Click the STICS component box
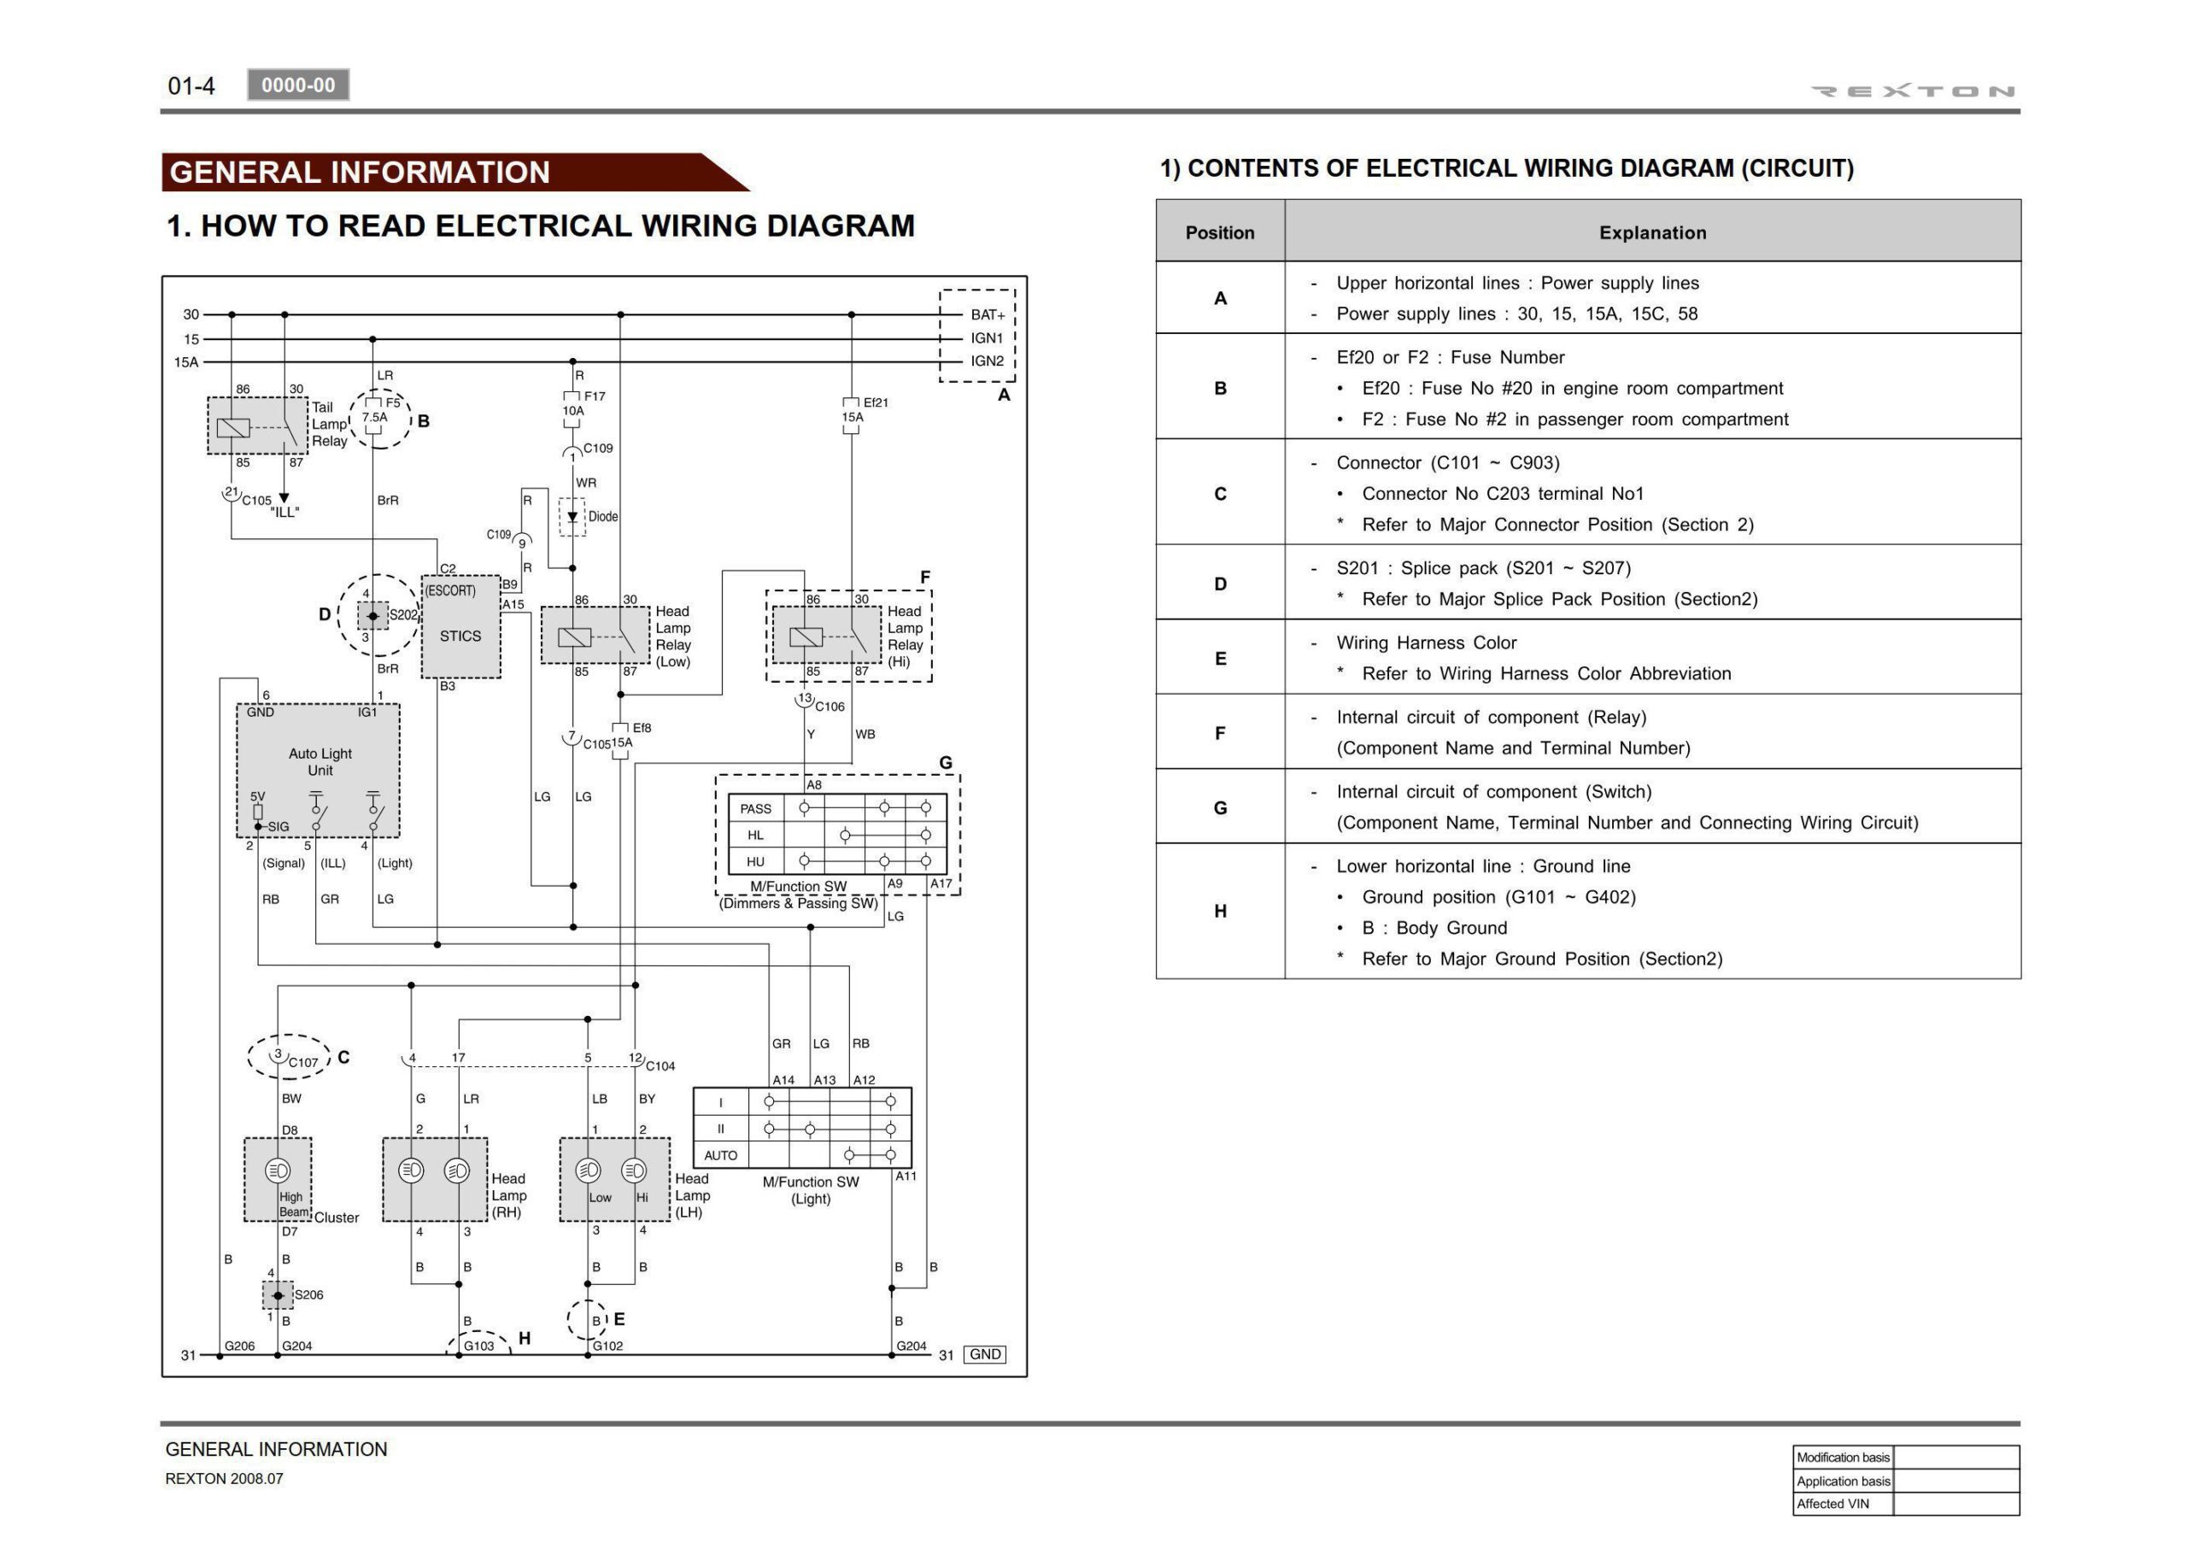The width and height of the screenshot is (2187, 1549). (x=460, y=626)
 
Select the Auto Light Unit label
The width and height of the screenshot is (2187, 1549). (x=320, y=761)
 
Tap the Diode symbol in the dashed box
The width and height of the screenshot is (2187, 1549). (x=572, y=517)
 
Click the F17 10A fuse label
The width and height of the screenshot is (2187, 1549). (x=583, y=402)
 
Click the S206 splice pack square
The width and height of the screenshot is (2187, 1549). (x=278, y=1295)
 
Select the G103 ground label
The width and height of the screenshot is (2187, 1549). (x=478, y=1346)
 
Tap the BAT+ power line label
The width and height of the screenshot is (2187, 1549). (x=988, y=314)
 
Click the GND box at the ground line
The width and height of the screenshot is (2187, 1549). (x=984, y=1354)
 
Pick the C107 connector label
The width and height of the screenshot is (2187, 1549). (x=303, y=1062)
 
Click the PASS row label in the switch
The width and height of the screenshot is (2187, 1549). (x=755, y=809)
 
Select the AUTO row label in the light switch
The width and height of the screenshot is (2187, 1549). (x=721, y=1155)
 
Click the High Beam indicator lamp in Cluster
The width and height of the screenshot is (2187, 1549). (x=278, y=1171)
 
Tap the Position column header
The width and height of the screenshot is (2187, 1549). (x=1219, y=232)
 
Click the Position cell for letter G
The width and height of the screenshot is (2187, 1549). (x=1219, y=808)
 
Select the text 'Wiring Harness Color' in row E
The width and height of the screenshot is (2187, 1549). (x=1426, y=642)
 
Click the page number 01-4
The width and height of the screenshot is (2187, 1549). (x=191, y=85)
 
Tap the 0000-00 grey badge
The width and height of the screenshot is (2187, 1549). (x=297, y=85)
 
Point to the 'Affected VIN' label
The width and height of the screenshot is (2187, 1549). (x=1832, y=1505)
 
